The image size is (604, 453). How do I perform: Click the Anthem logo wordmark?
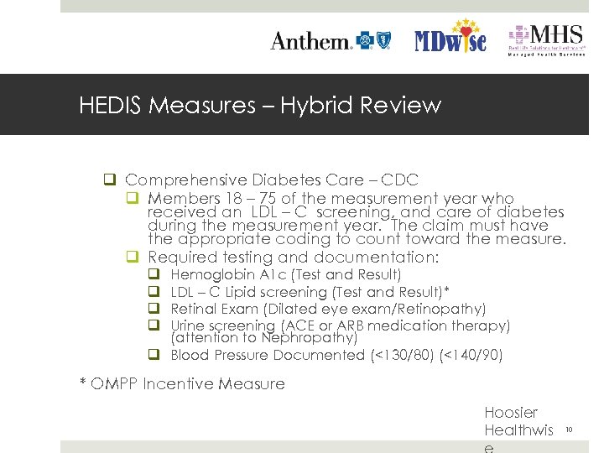tap(310, 41)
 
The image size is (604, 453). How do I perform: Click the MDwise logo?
tap(451, 38)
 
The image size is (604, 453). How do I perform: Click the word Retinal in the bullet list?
tap(191, 309)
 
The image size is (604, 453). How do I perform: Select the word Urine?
tap(189, 325)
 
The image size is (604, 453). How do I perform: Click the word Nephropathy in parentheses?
tap(316, 338)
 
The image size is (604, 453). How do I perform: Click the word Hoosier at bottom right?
tap(511, 413)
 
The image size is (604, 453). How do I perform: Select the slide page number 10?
tap(568, 430)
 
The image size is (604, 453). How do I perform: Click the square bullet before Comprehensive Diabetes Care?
tap(109, 180)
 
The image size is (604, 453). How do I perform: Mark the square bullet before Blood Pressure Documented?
tap(154, 355)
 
